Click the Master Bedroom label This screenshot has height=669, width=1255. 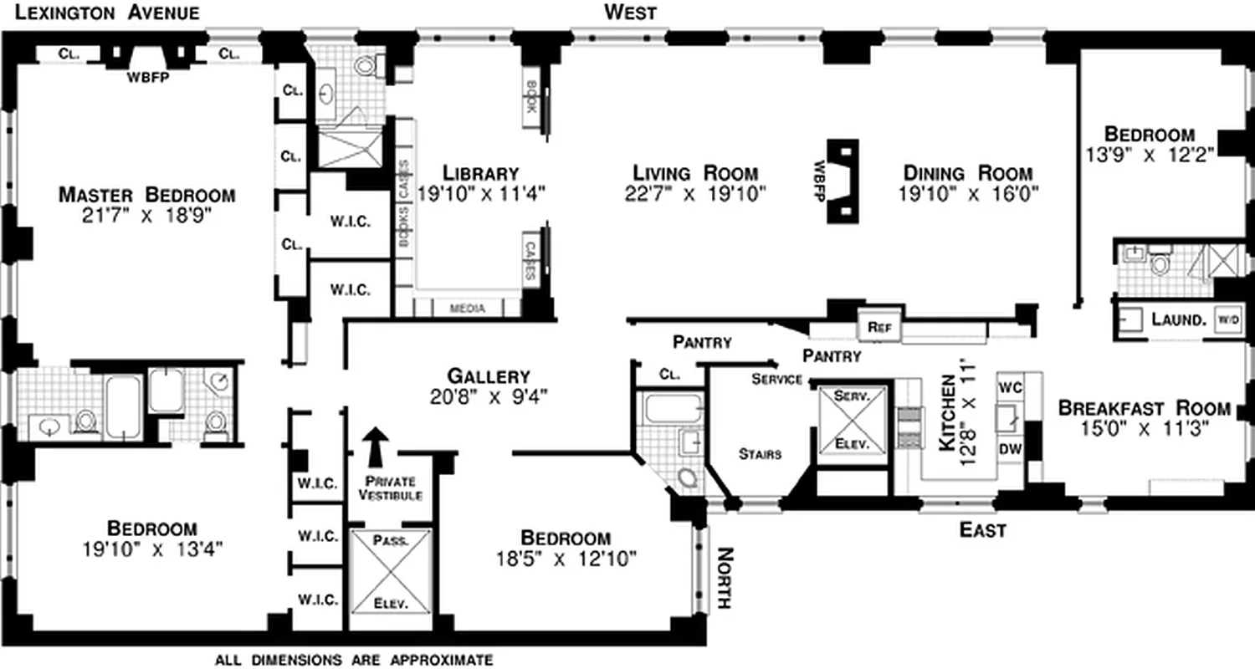click(146, 195)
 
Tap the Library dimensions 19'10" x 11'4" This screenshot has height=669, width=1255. click(481, 193)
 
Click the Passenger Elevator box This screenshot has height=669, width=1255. click(391, 570)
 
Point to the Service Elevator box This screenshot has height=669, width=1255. click(852, 419)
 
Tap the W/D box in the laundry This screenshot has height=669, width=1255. click(1227, 319)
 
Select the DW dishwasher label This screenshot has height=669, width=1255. click(1010, 449)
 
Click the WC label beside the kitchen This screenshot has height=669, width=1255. click(1010, 387)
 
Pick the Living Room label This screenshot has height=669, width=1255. click(695, 174)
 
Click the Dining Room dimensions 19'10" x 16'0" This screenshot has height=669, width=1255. click(966, 194)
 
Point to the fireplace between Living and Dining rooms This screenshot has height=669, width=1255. click(842, 180)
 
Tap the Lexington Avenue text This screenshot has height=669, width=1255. click(100, 13)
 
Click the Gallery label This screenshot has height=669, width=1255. click(488, 376)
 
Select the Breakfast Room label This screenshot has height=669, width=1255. click(1144, 409)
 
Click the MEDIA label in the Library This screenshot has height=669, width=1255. click(468, 309)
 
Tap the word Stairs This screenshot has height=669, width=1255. click(760, 454)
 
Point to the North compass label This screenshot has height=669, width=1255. click(724, 578)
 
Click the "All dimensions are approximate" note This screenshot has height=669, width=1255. click(354, 660)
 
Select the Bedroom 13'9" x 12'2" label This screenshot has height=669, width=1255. click(1149, 134)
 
